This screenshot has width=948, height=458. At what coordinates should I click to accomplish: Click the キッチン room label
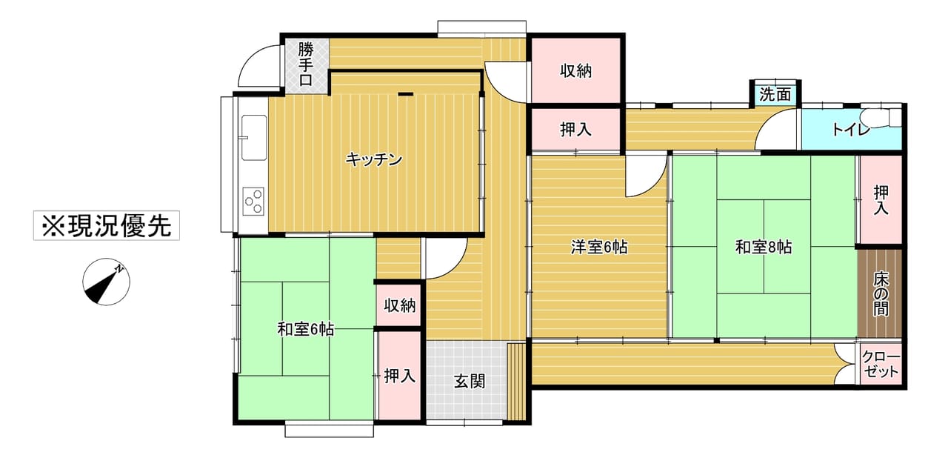[374, 159]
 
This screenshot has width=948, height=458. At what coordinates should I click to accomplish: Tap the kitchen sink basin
[254, 138]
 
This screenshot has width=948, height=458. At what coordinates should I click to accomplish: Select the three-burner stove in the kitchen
[253, 202]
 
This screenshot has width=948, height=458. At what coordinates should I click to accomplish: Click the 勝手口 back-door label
[306, 64]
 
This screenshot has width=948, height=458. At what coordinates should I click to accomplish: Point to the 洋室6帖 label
[599, 248]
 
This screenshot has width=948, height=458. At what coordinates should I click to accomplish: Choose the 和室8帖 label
[764, 248]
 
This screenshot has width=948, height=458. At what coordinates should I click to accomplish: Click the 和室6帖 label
[306, 329]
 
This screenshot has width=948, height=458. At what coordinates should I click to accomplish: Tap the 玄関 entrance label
[470, 382]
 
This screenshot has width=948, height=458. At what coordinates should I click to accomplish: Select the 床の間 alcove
[880, 293]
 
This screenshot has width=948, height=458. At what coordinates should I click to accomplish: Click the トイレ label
[851, 130]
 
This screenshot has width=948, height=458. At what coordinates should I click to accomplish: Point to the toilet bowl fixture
[881, 117]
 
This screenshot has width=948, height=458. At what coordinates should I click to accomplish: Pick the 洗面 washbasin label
[775, 94]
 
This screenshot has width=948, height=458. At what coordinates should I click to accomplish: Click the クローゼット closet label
[881, 365]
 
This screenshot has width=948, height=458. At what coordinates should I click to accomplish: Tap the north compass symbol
[106, 282]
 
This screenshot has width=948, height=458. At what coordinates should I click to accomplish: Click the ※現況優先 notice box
[107, 225]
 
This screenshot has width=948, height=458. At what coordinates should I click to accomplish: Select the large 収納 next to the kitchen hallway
[575, 70]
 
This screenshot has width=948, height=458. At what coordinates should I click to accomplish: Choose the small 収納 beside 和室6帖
[399, 305]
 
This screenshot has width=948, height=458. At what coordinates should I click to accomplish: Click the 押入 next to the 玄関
[399, 376]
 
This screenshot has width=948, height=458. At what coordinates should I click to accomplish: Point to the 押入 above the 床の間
[881, 200]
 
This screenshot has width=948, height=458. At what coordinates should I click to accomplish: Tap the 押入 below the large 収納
[575, 130]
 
